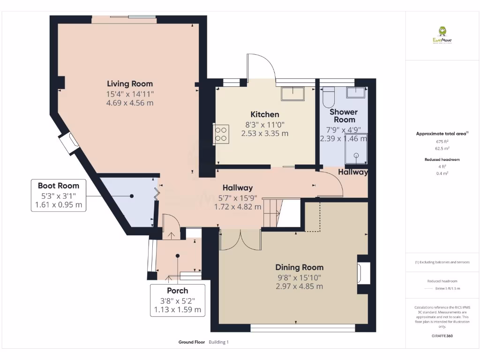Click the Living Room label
[x=130, y=84]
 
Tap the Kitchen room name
[x=264, y=114]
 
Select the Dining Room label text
[x=299, y=267]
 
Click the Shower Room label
[x=344, y=115]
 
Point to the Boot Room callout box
[x=59, y=195]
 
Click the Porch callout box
[x=177, y=300]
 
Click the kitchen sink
[x=292, y=94]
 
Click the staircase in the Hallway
[x=280, y=213]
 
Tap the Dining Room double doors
[x=240, y=240]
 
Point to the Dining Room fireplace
[x=363, y=274]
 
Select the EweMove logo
[x=442, y=35]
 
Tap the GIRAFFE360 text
[x=442, y=336]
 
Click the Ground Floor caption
[x=192, y=342]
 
